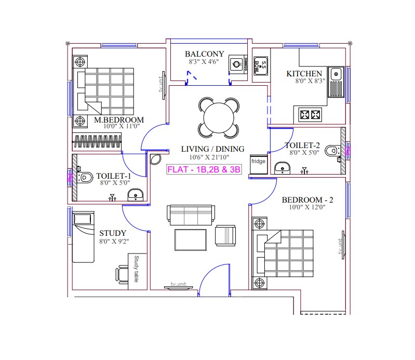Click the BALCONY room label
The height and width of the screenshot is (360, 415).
(204, 54)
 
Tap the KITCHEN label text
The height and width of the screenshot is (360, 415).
(304, 73)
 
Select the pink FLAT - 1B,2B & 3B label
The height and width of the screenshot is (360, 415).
(204, 169)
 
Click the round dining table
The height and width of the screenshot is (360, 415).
(219, 118)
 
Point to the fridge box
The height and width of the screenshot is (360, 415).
(259, 164)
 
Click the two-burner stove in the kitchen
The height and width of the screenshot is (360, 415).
(310, 115)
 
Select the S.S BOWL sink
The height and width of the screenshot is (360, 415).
(261, 65)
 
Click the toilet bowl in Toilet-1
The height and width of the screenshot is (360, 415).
(85, 177)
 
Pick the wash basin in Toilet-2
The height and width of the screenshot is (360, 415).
(283, 168)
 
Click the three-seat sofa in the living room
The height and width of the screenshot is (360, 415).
(191, 215)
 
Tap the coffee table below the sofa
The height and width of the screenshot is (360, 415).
(191, 240)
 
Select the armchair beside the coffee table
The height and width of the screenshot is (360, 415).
(225, 235)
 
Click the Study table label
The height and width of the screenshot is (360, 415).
(136, 269)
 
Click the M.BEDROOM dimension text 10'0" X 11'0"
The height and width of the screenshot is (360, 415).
(122, 126)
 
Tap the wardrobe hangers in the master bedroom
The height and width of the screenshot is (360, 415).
(98, 141)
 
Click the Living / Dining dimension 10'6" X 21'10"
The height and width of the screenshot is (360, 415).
(209, 157)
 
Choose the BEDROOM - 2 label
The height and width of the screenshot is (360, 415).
(307, 199)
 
